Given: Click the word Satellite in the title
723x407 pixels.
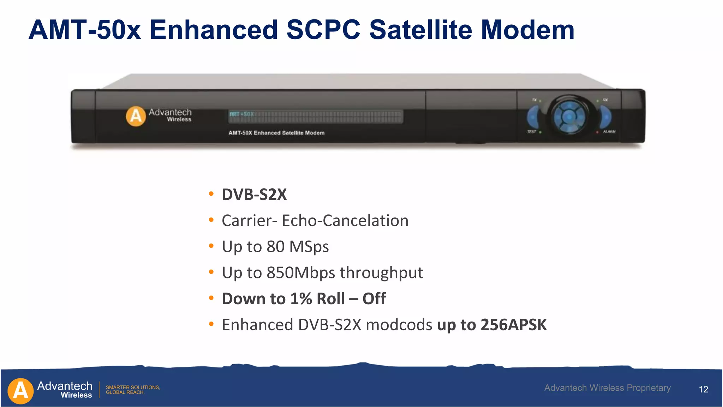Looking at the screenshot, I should (x=420, y=30).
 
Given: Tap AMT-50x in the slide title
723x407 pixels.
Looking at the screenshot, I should (x=85, y=30).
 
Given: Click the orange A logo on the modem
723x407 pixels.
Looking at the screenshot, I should (x=136, y=116).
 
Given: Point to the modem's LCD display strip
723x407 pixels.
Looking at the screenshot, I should (x=316, y=116).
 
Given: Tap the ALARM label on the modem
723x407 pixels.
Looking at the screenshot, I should (x=609, y=132).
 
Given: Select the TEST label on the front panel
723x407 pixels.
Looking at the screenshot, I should (x=531, y=132).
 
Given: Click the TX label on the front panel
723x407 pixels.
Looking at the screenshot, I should (x=534, y=100).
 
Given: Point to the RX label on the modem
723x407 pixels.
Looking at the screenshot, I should (x=605, y=100).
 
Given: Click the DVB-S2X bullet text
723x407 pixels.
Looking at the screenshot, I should (x=254, y=195).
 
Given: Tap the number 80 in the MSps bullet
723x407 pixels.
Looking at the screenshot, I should (x=275, y=247).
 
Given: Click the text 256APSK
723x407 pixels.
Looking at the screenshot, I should (x=513, y=325).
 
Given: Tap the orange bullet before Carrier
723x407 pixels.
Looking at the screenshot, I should (x=211, y=220).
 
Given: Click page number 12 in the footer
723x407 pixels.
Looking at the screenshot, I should (x=703, y=389).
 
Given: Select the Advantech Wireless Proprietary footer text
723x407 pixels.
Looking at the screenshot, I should (x=607, y=388).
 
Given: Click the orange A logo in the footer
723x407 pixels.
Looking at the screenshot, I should (x=20, y=391).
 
